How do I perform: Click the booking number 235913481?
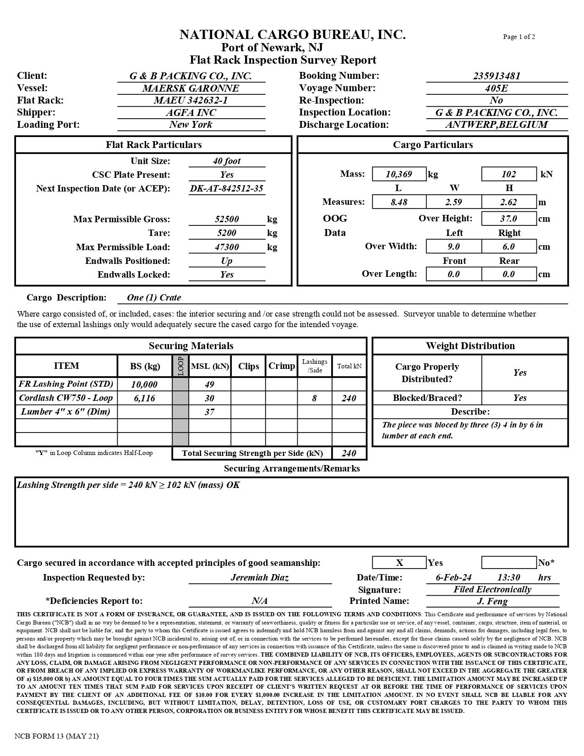click(x=497, y=76)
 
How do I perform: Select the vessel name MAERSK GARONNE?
click(x=191, y=88)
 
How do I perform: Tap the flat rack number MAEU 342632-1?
click(x=191, y=100)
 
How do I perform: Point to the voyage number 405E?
click(x=497, y=88)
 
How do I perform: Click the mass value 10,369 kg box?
click(x=399, y=174)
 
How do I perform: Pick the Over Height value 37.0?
click(x=508, y=219)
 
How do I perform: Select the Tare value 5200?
click(x=227, y=233)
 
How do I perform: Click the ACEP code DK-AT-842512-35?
click(x=227, y=188)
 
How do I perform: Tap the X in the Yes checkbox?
click(x=399, y=563)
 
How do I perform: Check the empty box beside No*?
click(x=509, y=563)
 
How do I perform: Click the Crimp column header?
click(x=281, y=366)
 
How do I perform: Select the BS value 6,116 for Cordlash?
click(x=144, y=398)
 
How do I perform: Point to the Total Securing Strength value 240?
click(x=349, y=453)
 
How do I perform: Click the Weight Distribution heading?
click(x=470, y=346)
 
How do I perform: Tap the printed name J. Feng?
click(x=492, y=601)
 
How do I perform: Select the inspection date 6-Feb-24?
click(x=454, y=577)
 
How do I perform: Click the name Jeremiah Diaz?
click(x=260, y=577)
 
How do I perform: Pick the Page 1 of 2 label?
click(x=519, y=37)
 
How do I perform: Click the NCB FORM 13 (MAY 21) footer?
click(x=56, y=736)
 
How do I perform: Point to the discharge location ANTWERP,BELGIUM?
click(x=497, y=125)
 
